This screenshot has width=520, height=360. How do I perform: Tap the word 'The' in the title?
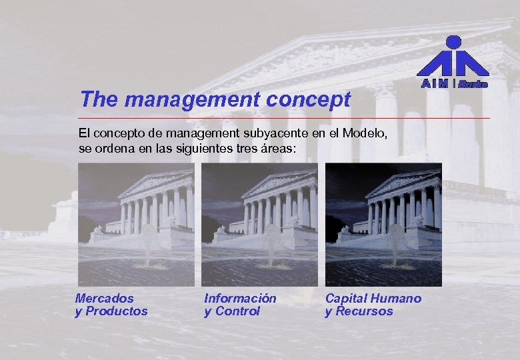99,100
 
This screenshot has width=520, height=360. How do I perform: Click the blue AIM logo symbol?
453,57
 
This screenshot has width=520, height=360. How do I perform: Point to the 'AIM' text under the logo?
435,84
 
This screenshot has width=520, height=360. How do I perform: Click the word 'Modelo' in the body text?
361,133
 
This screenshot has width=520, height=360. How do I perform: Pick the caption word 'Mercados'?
105,299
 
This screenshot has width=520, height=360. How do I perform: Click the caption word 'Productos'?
117,311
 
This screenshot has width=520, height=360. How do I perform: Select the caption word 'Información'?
240,299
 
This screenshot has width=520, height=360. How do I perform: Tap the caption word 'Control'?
237,311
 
